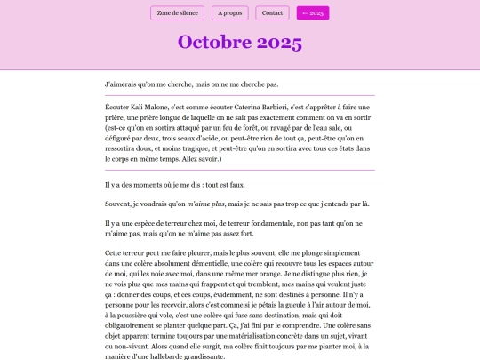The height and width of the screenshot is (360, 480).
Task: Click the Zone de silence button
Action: click(x=178, y=12)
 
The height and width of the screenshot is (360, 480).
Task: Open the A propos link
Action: click(x=230, y=12)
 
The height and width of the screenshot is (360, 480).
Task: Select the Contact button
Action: click(x=273, y=12)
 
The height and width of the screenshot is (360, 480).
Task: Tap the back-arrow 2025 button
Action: click(x=314, y=12)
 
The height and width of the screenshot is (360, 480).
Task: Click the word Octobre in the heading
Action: click(x=214, y=43)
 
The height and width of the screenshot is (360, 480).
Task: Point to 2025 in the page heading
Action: click(x=279, y=43)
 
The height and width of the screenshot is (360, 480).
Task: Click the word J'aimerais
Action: click(x=122, y=84)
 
